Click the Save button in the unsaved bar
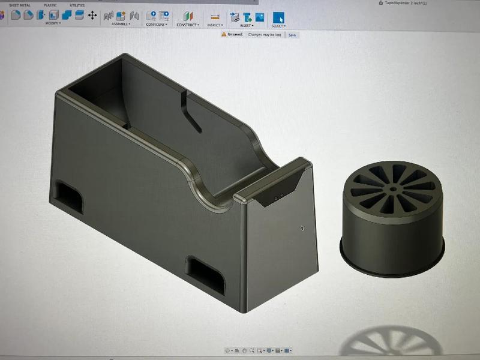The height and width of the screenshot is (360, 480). point(292,35)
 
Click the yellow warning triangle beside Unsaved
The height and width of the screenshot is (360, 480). point(224,35)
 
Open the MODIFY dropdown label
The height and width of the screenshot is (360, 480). point(53,24)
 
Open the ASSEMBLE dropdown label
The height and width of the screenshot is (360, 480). point(120,25)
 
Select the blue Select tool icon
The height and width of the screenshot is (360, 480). point(278,16)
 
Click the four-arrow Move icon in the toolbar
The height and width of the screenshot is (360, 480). point(92,15)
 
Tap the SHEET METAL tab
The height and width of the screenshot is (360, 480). point(19,5)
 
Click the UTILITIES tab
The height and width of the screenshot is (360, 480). point(77,5)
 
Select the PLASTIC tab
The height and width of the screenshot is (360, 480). point(50,5)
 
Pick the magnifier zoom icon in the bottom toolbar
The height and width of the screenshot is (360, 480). point(253,350)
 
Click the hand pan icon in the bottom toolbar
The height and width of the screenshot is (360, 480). point(245,350)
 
